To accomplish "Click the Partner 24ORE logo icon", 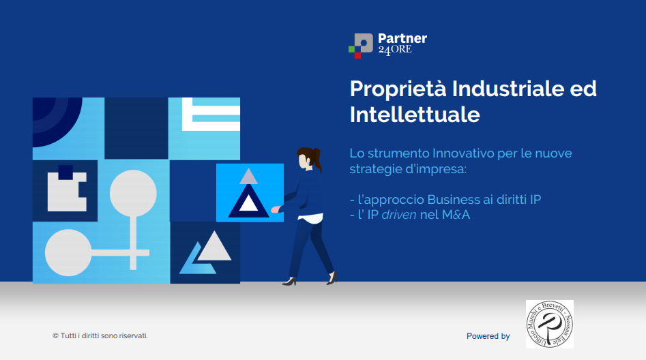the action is tap(360, 46).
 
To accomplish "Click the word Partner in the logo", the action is tap(402, 39).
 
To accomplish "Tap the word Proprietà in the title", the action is tap(398, 89).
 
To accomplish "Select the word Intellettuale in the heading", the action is tap(415, 115).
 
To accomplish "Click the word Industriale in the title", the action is tap(508, 89).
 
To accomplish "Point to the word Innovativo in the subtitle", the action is tap(463, 153).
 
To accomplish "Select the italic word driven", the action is tap(399, 215).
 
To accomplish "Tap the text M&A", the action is tap(456, 215).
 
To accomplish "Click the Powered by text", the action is tap(488, 336).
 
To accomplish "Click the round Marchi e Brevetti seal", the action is tap(550, 324).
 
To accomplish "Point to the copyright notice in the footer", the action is tap(100, 335).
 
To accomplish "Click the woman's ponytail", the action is tap(317, 159).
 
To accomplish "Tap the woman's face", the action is tap(303, 161).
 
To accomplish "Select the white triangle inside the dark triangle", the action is tap(248, 203).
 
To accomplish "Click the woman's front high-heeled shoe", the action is tap(290, 282).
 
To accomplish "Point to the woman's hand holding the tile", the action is tap(276, 209).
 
